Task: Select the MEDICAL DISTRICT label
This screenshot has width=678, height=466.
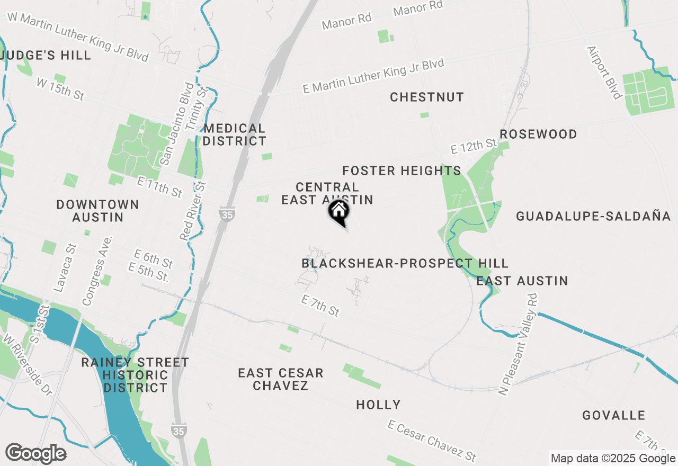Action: pyautogui.click(x=234, y=135)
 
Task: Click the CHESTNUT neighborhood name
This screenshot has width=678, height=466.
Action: pyautogui.click(x=427, y=97)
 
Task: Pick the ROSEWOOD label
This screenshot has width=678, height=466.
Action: pyautogui.click(x=538, y=134)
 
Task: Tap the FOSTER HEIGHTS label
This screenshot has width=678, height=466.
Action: pyautogui.click(x=402, y=171)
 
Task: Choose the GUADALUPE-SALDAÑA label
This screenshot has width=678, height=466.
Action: pyautogui.click(x=593, y=216)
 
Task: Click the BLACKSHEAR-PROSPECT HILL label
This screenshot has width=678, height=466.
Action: pyautogui.click(x=405, y=263)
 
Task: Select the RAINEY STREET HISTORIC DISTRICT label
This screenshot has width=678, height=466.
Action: pyautogui.click(x=135, y=375)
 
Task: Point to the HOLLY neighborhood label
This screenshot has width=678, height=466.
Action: pyautogui.click(x=378, y=405)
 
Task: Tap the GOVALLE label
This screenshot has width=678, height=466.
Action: pyautogui.click(x=614, y=415)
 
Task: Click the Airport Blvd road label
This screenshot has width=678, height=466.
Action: pyautogui.click(x=604, y=73)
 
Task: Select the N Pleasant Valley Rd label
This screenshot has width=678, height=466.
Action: pyautogui.click(x=519, y=344)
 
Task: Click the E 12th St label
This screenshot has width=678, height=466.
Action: pyautogui.click(x=474, y=147)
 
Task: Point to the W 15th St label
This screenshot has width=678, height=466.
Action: pyautogui.click(x=60, y=89)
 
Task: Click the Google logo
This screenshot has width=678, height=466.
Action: pyautogui.click(x=35, y=454)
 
